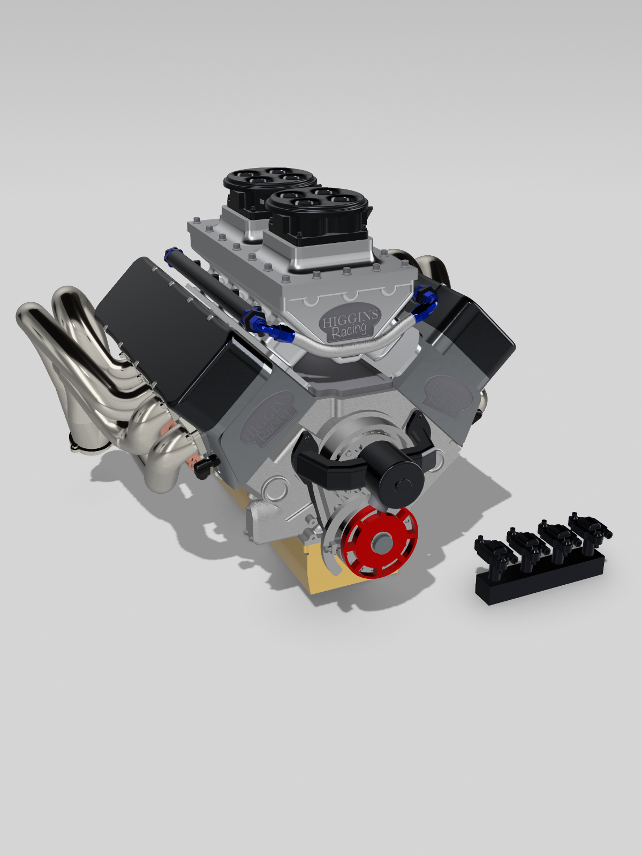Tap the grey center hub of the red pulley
[382, 542]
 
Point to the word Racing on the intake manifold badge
[349, 331]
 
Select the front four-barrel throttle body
[318, 214]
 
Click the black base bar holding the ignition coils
[541, 580]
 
